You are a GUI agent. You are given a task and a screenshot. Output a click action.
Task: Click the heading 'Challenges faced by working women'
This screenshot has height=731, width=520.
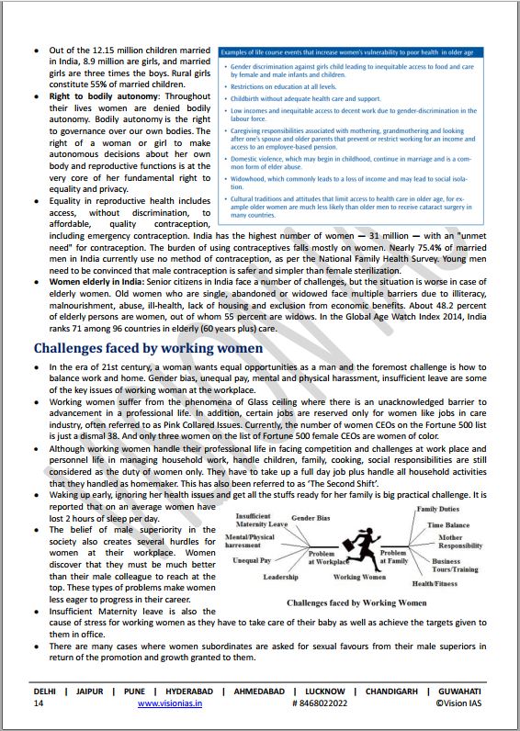pos(148,348)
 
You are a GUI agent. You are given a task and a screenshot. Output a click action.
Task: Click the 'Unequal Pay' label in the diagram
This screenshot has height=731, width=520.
pos(252,559)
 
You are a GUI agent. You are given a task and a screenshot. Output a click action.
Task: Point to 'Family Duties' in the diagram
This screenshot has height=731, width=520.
pos(439,509)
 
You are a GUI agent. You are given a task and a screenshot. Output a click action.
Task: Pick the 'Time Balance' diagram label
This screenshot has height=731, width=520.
pos(447,525)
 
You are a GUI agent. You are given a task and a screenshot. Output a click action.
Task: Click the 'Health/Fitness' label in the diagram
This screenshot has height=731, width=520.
pos(435,583)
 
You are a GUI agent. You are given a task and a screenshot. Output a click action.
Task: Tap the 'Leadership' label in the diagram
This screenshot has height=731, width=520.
pos(280,577)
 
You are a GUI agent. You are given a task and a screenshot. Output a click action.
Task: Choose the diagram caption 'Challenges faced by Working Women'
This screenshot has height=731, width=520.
pos(357,602)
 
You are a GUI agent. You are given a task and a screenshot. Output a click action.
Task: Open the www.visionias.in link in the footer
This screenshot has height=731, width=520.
pos(171,703)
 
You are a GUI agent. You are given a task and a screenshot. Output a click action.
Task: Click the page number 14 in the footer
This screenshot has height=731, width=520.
pos(38,703)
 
